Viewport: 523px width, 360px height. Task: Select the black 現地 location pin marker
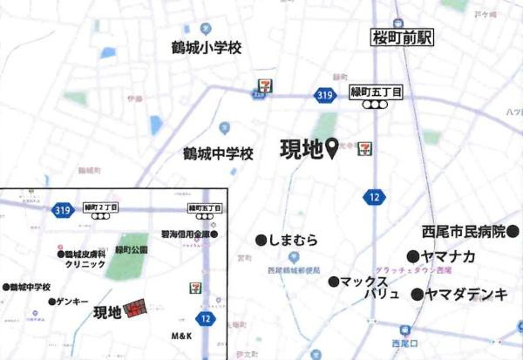[x=332, y=153]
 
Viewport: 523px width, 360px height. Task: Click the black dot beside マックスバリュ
[x=333, y=282]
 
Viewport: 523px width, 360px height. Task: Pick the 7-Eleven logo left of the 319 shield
[x=263, y=86]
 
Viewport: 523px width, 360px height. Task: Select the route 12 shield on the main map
[x=374, y=198]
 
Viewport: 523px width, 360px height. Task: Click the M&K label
[x=180, y=336]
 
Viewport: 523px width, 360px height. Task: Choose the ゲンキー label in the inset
[x=72, y=301]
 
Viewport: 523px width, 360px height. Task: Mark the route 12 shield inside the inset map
[x=206, y=320]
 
